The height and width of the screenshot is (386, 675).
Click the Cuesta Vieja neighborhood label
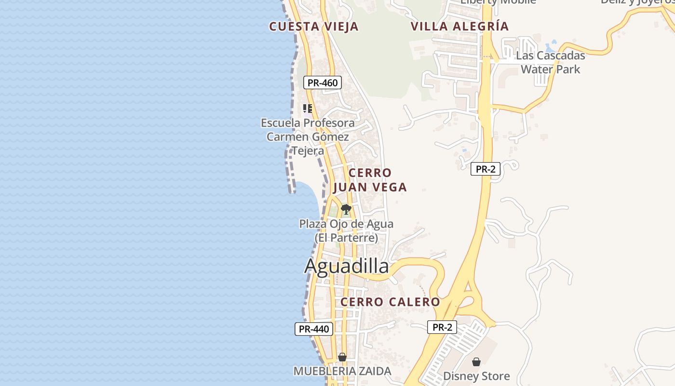tap(314, 27)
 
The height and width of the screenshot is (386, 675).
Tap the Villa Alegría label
tap(459, 26)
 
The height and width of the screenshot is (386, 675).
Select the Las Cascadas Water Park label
tap(550, 62)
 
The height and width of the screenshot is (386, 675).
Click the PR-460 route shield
tap(323, 83)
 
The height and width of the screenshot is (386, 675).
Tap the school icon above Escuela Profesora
tap(307, 108)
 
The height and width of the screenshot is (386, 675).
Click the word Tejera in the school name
tap(308, 151)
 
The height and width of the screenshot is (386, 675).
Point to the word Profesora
tap(325, 123)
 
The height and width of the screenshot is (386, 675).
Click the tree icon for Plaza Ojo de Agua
tap(346, 209)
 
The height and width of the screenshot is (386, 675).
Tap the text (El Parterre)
tap(346, 238)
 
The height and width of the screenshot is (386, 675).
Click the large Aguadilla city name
tap(346, 266)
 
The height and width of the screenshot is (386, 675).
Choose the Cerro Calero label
tap(390, 302)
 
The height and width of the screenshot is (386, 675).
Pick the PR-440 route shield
tap(314, 329)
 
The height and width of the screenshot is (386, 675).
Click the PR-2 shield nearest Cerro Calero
tap(442, 327)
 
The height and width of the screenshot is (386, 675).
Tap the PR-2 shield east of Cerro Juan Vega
tap(486, 169)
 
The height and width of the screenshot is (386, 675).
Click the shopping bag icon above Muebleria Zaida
tap(342, 357)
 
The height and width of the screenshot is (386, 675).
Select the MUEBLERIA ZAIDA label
tap(342, 371)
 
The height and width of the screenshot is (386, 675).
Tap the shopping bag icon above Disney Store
tap(476, 362)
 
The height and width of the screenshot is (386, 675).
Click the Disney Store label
tap(476, 376)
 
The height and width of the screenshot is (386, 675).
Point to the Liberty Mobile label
tap(498, 2)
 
